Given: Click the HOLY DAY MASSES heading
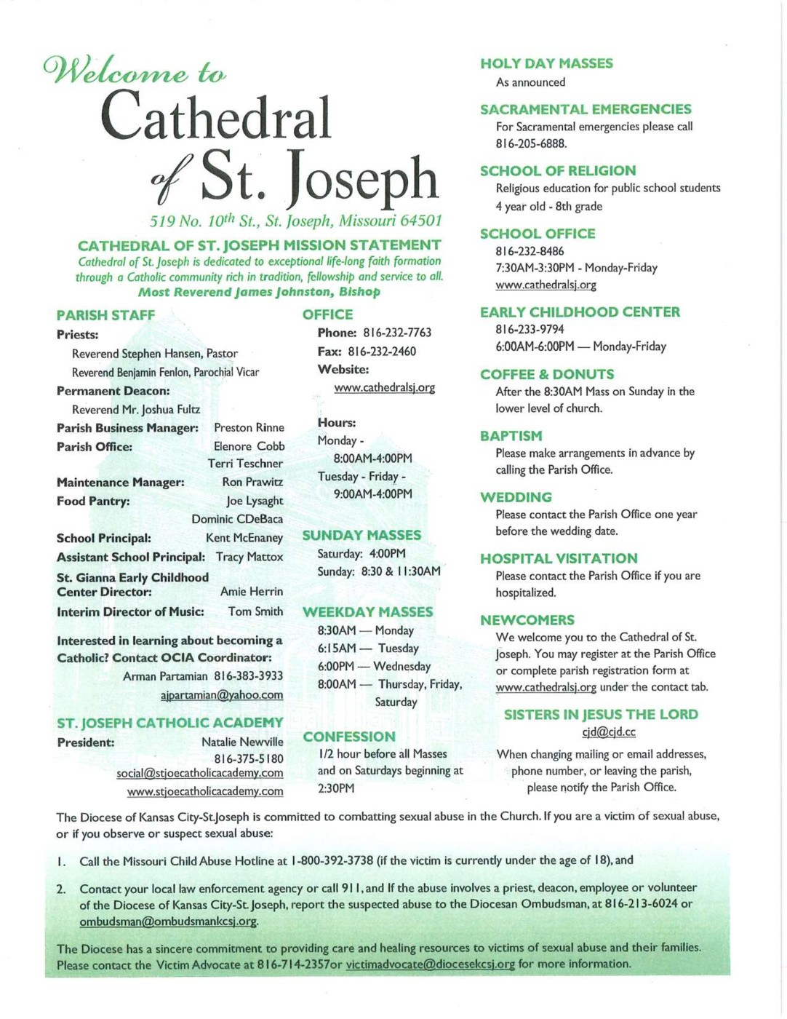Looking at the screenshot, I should pyautogui.click(x=546, y=64).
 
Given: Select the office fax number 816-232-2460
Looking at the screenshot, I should pyautogui.click(x=382, y=352).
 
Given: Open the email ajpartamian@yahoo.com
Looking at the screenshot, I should pyautogui.click(x=222, y=695).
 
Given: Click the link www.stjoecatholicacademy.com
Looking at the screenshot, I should pyautogui.click(x=205, y=791).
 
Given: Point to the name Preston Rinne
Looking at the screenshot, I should pyautogui.click(x=249, y=427).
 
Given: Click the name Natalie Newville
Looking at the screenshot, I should pyautogui.click(x=242, y=742).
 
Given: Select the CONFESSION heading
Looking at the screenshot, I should pyautogui.click(x=349, y=737).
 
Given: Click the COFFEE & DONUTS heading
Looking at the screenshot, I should pyautogui.click(x=547, y=374).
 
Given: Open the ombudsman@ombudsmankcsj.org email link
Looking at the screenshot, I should pyautogui.click(x=169, y=921).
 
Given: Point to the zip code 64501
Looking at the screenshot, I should pyautogui.click(x=421, y=221).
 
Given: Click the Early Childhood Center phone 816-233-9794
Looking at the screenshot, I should pyautogui.click(x=530, y=329).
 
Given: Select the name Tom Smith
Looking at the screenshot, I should pyautogui.click(x=255, y=611).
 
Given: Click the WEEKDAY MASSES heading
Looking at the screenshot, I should pyautogui.click(x=367, y=612).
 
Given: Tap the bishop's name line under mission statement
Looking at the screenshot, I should pyautogui.click(x=259, y=292).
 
